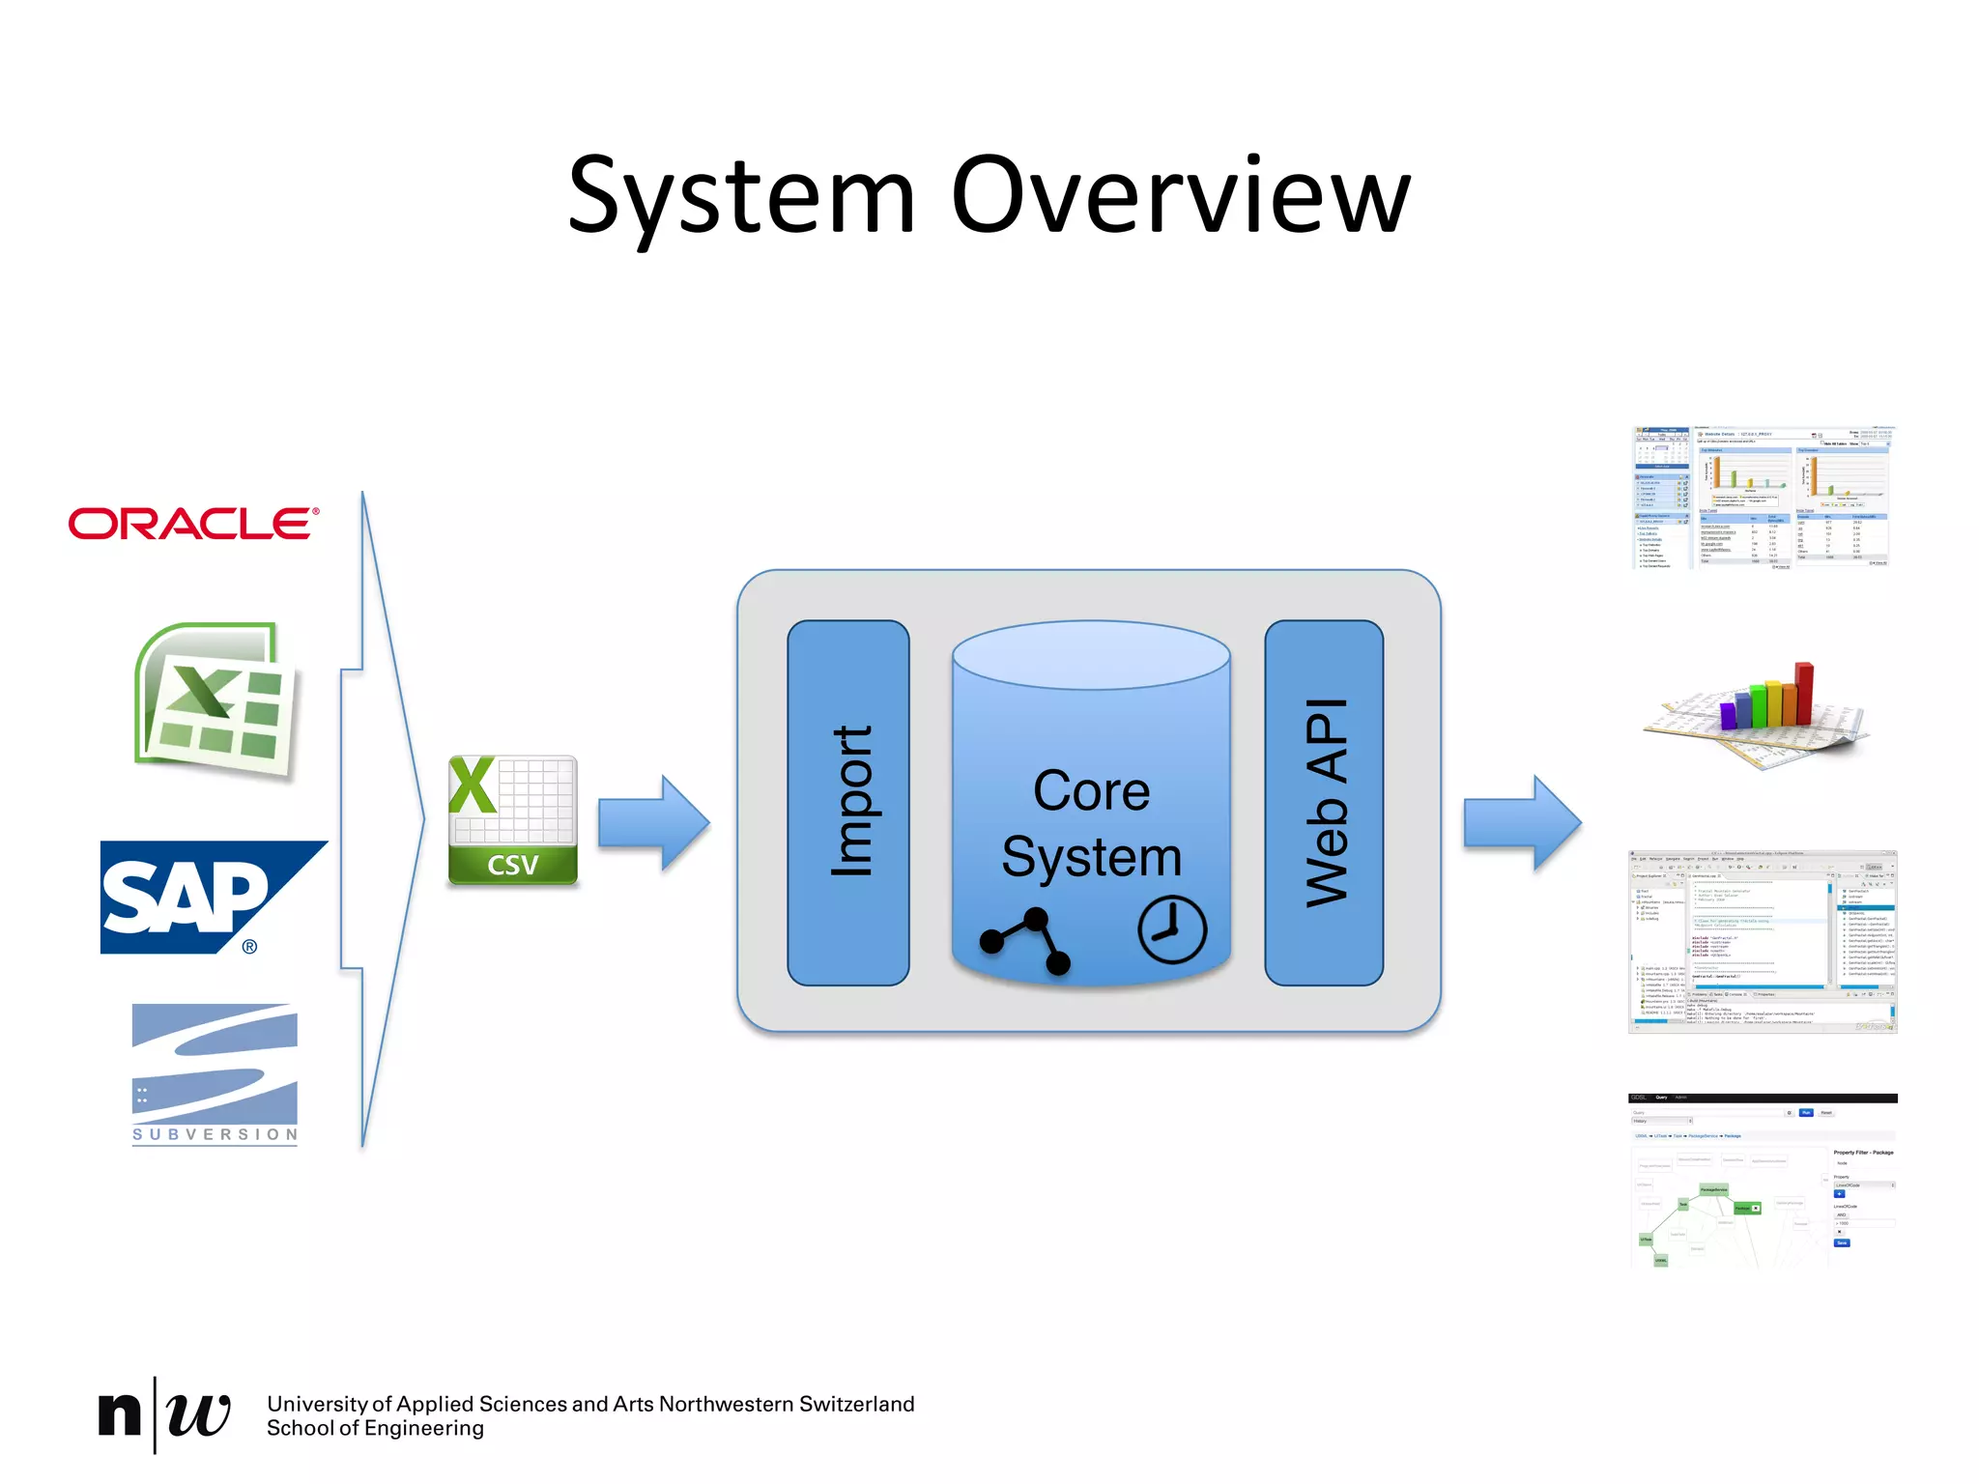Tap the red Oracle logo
[x=193, y=524]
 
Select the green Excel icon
[x=215, y=700]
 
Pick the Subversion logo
[x=215, y=1072]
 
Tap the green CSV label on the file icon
[x=512, y=865]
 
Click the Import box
[x=848, y=802]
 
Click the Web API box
[x=1324, y=802]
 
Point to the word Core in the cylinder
[x=1091, y=791]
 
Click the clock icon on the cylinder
[x=1171, y=929]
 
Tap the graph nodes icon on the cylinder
[x=1025, y=940]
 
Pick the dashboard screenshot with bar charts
[x=1762, y=498]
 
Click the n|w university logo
[x=164, y=1414]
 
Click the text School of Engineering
[x=375, y=1428]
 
